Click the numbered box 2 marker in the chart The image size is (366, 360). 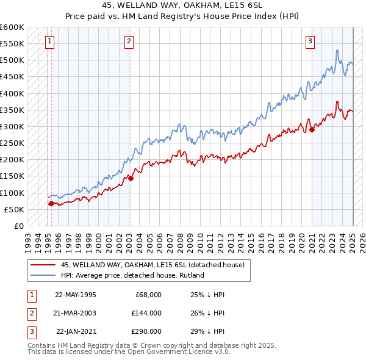click(129, 41)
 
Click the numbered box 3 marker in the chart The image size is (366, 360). click(310, 41)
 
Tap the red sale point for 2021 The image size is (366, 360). click(312, 129)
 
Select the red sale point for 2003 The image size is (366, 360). click(131, 178)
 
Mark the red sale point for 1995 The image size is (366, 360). click(51, 203)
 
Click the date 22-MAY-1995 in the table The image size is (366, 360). click(75, 295)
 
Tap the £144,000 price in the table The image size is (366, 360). click(146, 313)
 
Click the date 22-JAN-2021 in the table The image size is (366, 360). click(76, 331)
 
